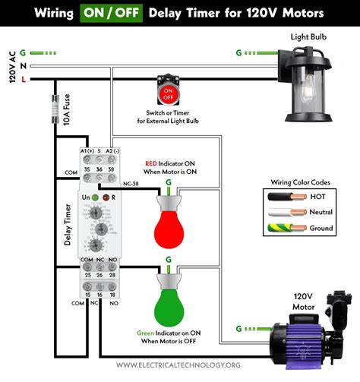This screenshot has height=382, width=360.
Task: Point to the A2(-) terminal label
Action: click(x=112, y=152)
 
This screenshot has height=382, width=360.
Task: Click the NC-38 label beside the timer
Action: click(x=132, y=183)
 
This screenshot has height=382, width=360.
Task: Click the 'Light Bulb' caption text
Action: click(x=310, y=36)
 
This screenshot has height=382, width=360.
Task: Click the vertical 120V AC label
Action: click(x=11, y=67)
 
